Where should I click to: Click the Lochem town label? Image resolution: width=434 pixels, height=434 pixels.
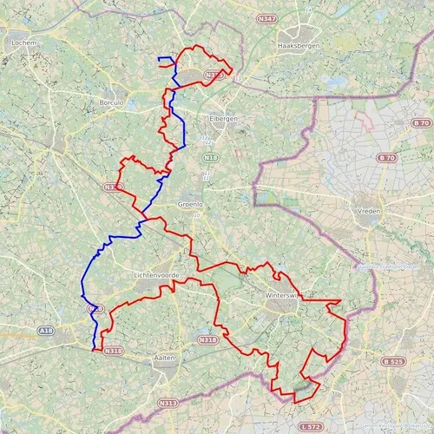pos(23,41)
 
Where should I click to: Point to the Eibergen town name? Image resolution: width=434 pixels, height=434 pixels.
pos(224,118)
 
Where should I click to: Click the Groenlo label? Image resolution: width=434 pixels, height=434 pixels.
pos(190,205)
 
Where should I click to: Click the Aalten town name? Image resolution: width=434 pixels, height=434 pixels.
pos(164,358)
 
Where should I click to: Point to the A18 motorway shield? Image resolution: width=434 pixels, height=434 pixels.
pos(47,331)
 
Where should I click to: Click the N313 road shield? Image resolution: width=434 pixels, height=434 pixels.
pos(167,404)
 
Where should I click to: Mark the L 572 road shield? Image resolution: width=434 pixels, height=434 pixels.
pos(309,427)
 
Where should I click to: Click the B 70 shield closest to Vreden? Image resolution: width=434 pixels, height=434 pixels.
pos(387,158)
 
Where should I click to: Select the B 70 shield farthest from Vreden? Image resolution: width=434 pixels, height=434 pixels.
pos(422,123)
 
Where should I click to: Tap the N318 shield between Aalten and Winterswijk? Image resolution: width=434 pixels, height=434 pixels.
pos(208,340)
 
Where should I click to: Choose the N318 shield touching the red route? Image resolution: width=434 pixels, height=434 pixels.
pos(113,351)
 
